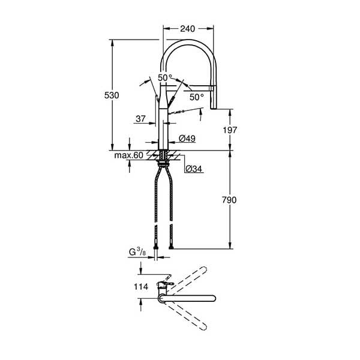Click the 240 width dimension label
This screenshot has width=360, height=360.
188,29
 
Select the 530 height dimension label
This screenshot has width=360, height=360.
112,95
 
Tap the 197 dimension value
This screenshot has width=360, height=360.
230,130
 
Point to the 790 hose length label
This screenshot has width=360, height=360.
229,200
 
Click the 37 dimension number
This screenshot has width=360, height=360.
140,119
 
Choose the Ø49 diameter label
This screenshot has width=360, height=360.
187,139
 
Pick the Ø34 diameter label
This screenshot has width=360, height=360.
194,169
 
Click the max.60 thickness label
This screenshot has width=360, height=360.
128,155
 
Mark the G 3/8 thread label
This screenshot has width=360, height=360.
137,252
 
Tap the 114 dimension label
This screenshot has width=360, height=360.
141,287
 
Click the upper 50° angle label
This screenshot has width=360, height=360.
165,77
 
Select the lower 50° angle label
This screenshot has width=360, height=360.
197,97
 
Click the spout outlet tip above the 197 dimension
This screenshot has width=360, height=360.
214,108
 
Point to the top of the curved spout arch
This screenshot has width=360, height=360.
188,41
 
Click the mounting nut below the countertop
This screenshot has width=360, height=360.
164,164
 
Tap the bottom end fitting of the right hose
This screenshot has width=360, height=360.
171,247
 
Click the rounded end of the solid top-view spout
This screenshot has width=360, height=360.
213,298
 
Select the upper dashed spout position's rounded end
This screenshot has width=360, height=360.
203,270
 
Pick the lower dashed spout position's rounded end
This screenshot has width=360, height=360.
203,327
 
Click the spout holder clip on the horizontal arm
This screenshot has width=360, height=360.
212,89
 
